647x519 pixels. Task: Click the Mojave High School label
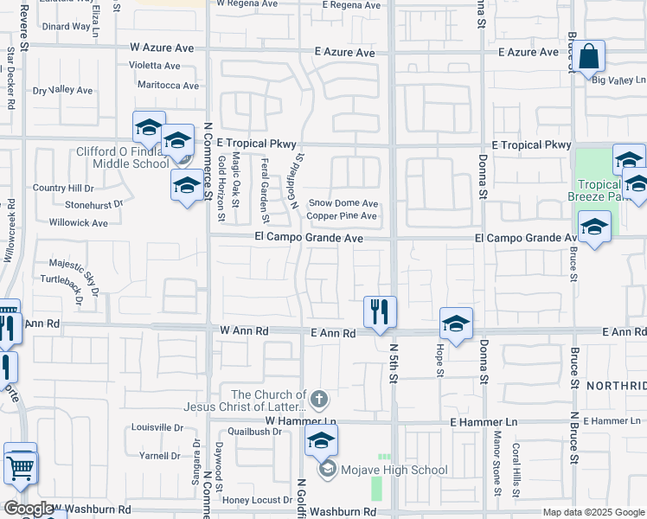pyautogui.click(x=393, y=471)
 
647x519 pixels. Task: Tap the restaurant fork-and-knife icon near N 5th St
pyautogui.click(x=378, y=311)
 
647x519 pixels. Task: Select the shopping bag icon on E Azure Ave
pyautogui.click(x=589, y=57)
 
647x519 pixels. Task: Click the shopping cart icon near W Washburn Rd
pyautogui.click(x=21, y=468)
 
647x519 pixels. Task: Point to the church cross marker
pyautogui.click(x=319, y=400)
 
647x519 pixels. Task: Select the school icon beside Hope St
pyautogui.click(x=456, y=324)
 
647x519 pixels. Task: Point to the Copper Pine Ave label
pyautogui.click(x=342, y=215)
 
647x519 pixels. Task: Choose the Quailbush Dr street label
pyautogui.click(x=250, y=431)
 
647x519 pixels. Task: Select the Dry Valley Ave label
pyautogui.click(x=62, y=90)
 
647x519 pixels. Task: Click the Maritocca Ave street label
pyautogui.click(x=169, y=85)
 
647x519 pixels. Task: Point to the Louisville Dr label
pyautogui.click(x=157, y=427)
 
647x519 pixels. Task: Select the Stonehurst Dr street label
pyautogui.click(x=94, y=205)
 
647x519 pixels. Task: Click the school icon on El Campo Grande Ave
pyautogui.click(x=594, y=227)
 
